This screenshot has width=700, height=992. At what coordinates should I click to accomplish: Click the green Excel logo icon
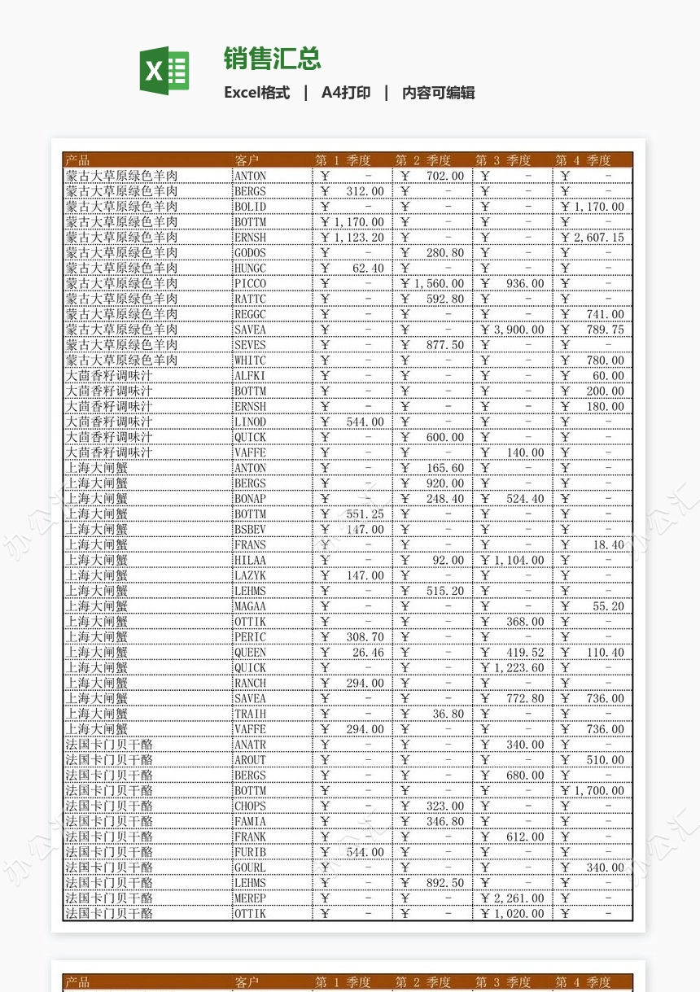click(164, 71)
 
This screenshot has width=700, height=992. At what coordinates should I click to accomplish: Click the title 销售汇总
click(273, 59)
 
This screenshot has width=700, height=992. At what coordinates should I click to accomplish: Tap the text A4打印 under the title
click(346, 93)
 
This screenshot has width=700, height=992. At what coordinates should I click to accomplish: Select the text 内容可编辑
click(439, 93)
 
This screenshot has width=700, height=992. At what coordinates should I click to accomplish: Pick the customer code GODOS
click(250, 253)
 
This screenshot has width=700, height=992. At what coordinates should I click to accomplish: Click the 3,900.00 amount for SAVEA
click(519, 330)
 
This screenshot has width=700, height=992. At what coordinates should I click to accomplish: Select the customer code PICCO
click(250, 284)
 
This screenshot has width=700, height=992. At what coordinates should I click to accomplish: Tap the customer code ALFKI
click(250, 376)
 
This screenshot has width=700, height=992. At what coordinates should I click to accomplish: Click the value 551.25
click(365, 514)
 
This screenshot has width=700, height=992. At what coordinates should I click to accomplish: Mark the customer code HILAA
click(250, 561)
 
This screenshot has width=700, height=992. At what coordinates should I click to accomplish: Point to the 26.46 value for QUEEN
click(368, 653)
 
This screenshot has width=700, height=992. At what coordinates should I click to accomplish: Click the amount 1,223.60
click(519, 668)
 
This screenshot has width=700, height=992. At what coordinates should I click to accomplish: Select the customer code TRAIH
click(250, 714)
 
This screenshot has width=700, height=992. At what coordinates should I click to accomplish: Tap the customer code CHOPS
click(250, 806)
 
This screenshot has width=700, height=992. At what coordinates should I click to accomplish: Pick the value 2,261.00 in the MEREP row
click(519, 898)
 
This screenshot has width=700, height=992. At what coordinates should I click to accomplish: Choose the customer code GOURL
click(250, 868)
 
